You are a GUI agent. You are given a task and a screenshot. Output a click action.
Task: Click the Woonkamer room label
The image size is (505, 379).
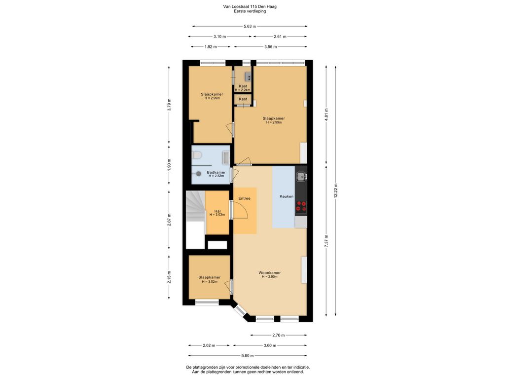269,273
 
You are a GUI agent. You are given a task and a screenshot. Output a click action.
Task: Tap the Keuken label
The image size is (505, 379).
287,196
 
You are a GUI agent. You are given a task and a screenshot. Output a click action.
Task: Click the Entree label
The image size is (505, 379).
245,198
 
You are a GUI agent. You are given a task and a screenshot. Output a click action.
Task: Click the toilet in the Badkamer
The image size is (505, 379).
197,156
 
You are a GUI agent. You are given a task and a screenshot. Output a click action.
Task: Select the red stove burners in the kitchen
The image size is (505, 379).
301,206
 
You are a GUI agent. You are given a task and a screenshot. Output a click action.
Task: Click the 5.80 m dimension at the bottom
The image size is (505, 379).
248,355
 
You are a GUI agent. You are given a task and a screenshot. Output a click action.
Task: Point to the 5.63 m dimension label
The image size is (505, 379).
250,27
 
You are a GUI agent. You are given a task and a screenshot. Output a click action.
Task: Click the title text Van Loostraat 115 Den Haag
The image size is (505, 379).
250,7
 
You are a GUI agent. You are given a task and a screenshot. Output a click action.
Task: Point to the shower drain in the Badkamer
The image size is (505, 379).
199,173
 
